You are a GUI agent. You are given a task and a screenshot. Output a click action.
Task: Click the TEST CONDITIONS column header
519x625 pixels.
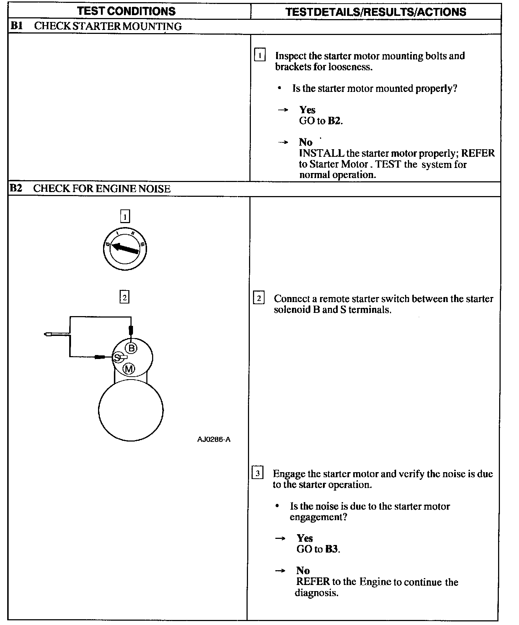tap(126, 11)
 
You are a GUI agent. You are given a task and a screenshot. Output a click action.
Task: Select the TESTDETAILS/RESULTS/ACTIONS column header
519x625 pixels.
tap(376, 12)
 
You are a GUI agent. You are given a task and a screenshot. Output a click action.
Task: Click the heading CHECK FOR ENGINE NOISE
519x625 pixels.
tap(102, 189)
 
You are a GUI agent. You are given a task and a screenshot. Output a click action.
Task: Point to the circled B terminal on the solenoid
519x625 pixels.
tap(131, 348)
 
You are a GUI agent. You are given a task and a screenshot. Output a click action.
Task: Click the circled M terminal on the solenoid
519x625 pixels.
tap(129, 369)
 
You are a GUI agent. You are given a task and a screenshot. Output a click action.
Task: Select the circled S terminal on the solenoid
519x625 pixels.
tap(117, 358)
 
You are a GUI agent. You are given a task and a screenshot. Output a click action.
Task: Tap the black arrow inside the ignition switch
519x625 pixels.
tap(125, 248)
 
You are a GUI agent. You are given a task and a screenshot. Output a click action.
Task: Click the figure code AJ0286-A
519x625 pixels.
tap(214, 439)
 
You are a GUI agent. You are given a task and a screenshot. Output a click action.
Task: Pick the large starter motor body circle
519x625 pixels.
tap(130, 411)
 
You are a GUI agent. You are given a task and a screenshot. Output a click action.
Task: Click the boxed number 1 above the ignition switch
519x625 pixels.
tap(125, 216)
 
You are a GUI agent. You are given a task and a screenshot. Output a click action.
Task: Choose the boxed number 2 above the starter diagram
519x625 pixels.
tap(124, 297)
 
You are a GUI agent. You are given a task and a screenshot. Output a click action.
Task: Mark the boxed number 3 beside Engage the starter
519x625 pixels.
tap(257, 473)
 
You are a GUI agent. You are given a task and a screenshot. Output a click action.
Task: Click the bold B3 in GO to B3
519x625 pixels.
tap(332, 549)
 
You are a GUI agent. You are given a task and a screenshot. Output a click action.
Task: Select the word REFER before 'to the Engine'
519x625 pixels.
tap(313, 582)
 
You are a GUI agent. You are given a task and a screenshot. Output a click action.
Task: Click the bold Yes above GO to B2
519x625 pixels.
tap(307, 110)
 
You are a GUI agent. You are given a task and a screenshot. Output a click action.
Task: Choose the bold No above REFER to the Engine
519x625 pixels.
tap(303, 571)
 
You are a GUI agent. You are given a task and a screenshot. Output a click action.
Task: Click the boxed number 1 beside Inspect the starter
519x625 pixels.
tap(260, 56)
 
